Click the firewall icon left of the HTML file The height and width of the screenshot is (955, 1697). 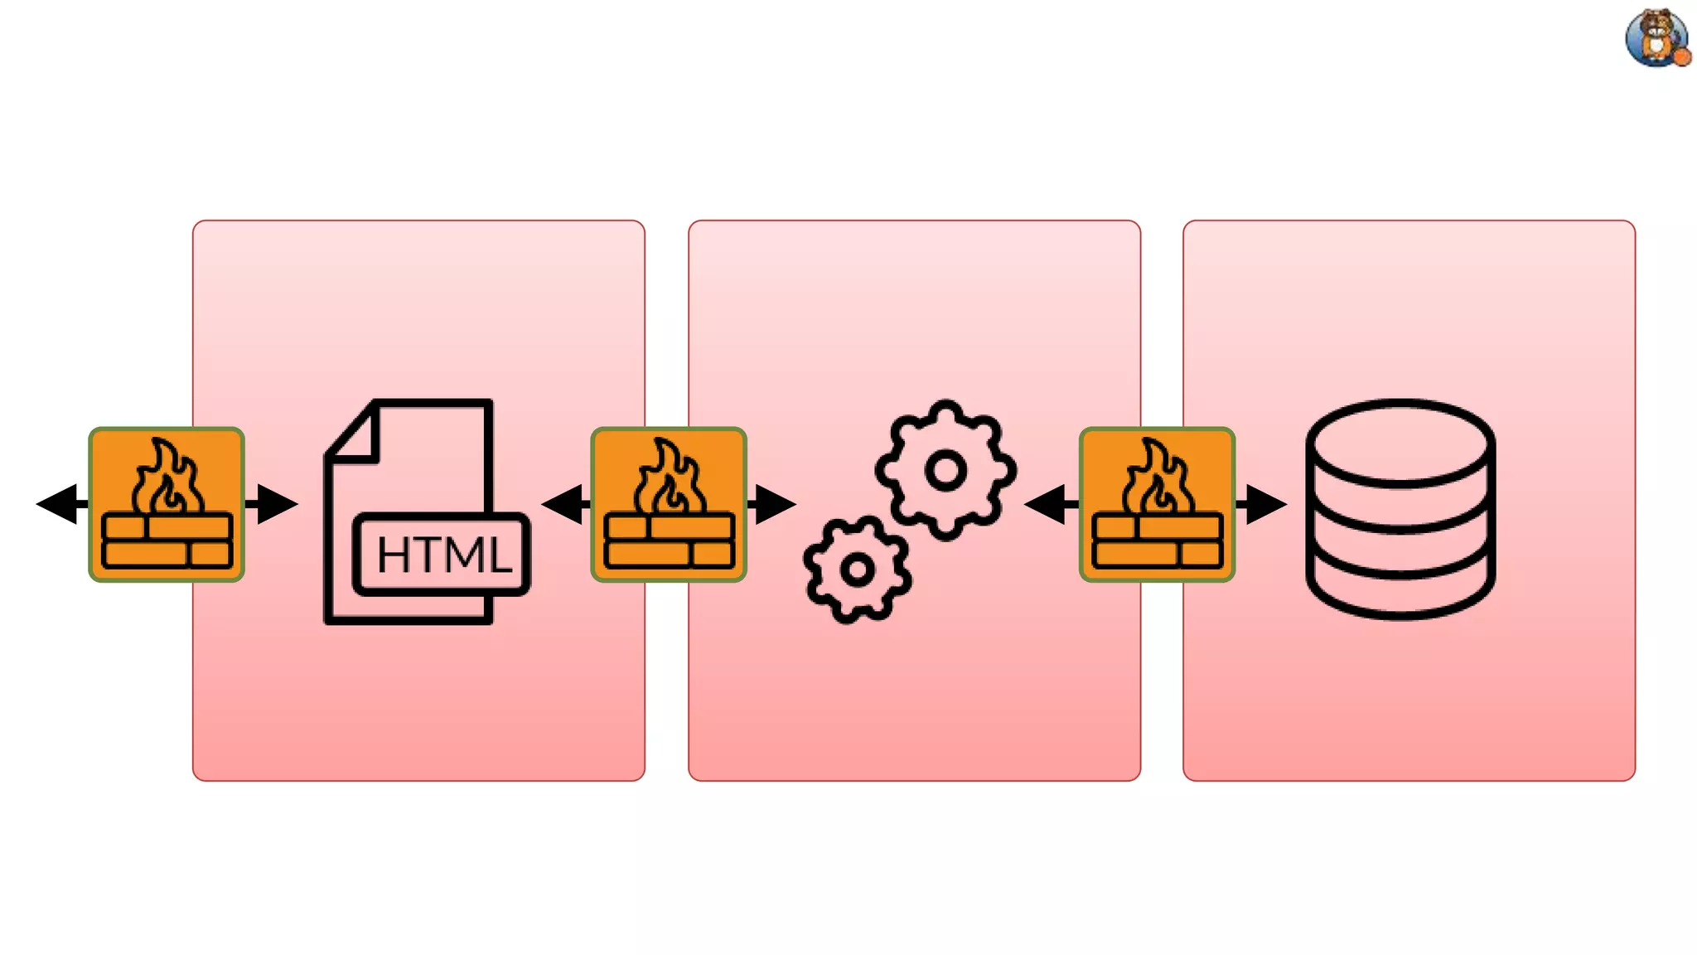click(x=167, y=504)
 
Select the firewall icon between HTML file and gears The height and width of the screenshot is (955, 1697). click(x=669, y=504)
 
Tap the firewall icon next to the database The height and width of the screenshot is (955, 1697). click(x=1157, y=504)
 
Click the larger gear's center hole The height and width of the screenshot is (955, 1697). click(x=945, y=471)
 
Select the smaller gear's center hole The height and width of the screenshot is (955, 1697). click(x=857, y=570)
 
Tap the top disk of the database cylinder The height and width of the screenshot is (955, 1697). click(x=1400, y=441)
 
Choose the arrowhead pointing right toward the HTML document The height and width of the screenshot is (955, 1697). click(x=277, y=504)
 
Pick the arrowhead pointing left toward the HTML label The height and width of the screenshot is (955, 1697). click(x=563, y=504)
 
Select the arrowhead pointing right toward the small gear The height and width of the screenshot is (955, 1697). click(x=775, y=504)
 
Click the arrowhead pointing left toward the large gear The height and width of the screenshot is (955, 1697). click(x=1046, y=504)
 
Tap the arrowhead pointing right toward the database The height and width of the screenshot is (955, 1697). click(x=1265, y=504)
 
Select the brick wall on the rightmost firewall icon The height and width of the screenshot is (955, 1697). click(x=1157, y=541)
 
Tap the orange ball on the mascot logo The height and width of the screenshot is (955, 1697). click(x=1682, y=56)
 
